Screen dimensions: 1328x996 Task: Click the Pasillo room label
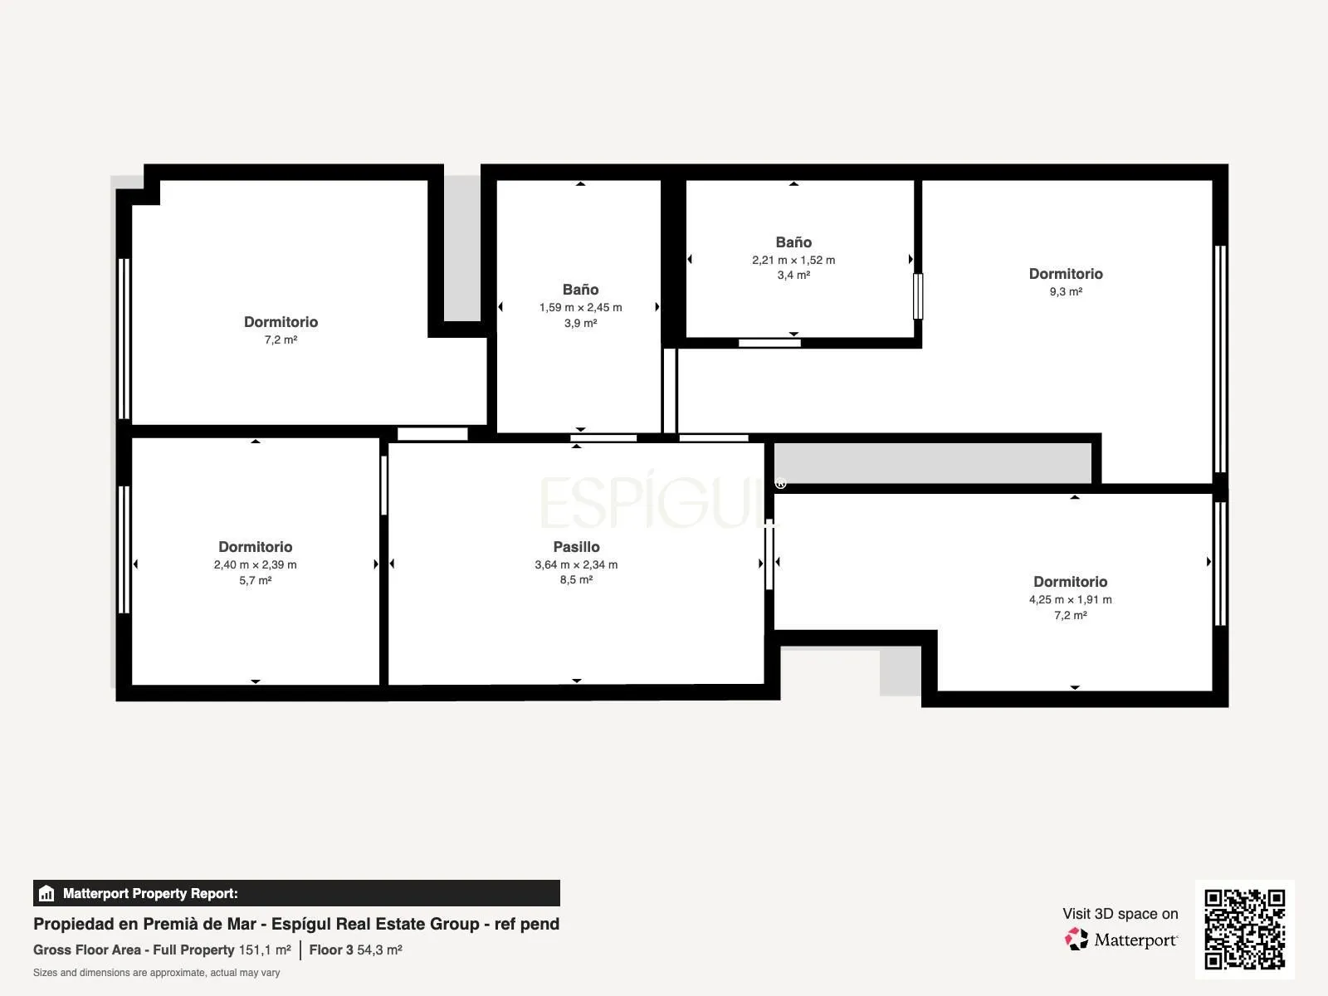tap(576, 547)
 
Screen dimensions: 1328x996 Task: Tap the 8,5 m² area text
tap(576, 579)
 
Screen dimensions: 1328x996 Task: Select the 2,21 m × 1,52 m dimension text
tap(793, 260)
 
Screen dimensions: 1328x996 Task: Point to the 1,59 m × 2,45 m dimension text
tap(580, 307)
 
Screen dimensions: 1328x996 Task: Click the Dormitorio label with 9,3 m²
tap(1066, 274)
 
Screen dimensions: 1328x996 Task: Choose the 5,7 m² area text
tap(256, 580)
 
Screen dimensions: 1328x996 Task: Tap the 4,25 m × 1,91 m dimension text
tap(1070, 599)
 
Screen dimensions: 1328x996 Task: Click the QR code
tap(1244, 930)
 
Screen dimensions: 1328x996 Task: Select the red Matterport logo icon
tap(1077, 939)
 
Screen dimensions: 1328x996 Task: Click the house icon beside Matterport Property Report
tap(46, 893)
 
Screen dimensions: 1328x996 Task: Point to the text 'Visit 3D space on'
tap(1120, 914)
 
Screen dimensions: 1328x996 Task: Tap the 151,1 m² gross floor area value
tap(265, 950)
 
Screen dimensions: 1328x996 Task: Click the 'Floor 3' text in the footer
tap(331, 950)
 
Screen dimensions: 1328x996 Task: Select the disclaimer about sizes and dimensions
tap(156, 973)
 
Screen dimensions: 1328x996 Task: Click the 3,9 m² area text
tap(580, 323)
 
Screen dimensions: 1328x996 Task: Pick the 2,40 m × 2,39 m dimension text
tap(256, 564)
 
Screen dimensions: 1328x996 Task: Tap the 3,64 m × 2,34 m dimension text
tap(576, 564)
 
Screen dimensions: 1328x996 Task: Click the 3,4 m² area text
tap(793, 276)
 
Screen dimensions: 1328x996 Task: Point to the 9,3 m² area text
tap(1066, 291)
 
